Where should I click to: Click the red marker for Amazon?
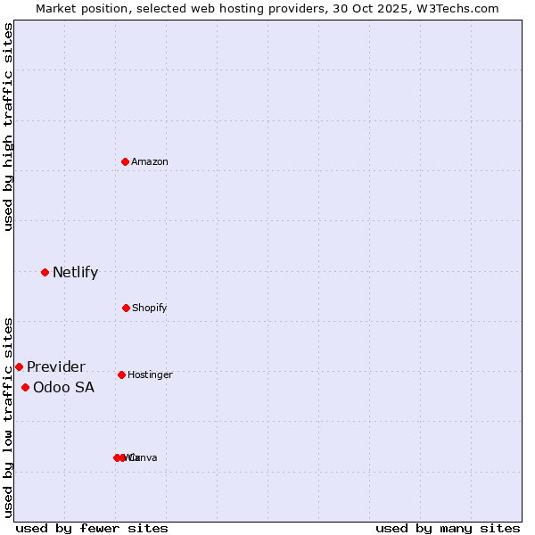[x=126, y=161]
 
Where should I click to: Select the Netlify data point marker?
[x=45, y=272]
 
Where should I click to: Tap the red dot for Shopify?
[x=126, y=308]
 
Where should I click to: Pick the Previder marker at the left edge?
[x=19, y=366]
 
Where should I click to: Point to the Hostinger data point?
[x=121, y=374]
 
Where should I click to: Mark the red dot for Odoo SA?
[x=25, y=387]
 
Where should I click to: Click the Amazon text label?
[x=150, y=161]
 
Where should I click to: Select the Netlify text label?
[x=75, y=272]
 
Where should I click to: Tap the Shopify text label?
[x=150, y=308]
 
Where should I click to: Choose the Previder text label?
[x=56, y=366]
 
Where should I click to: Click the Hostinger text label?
[x=150, y=374]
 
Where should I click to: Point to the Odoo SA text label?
[x=63, y=387]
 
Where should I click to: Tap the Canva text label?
[x=144, y=457]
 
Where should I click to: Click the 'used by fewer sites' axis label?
[x=92, y=528]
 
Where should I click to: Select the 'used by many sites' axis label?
[x=448, y=528]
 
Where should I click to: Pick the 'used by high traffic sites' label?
[x=8, y=127]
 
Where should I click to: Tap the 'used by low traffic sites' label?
[x=8, y=416]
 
